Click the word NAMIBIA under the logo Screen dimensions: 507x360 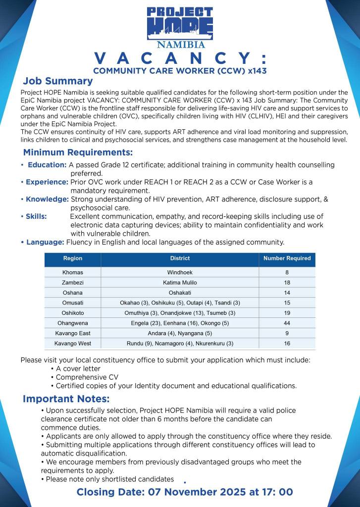180,45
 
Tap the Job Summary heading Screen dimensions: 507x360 57,81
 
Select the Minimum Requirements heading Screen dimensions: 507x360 78,152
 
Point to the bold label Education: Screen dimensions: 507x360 47,165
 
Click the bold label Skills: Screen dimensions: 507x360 37,216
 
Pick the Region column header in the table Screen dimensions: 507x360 73,258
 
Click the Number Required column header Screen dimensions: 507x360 287,258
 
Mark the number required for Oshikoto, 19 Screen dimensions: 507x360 287,313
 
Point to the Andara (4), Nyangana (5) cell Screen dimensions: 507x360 180,333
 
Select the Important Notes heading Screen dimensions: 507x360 66,399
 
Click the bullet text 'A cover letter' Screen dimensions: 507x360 78,369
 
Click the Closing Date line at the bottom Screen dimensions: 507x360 185,492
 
